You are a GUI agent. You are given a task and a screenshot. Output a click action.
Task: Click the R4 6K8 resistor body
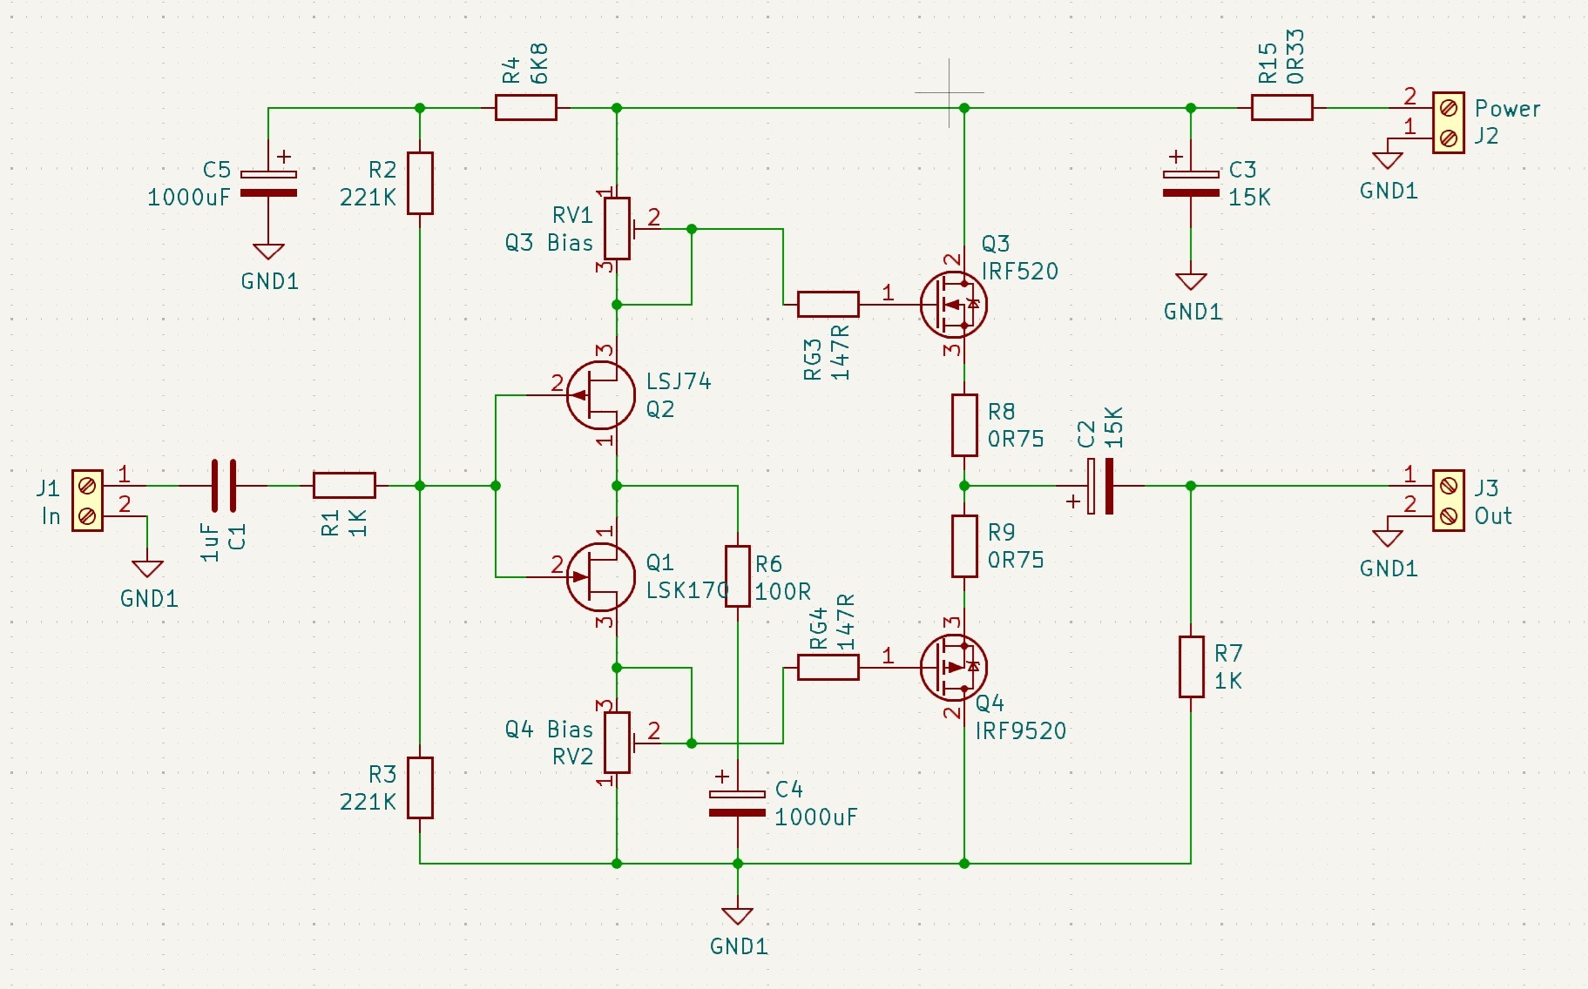pyautogui.click(x=525, y=108)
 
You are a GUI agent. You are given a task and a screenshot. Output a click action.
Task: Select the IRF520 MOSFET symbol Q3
pyautogui.click(x=954, y=305)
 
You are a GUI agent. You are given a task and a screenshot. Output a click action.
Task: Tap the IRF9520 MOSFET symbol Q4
pyautogui.click(x=954, y=668)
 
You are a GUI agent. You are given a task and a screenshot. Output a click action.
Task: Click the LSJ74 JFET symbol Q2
pyautogui.click(x=601, y=395)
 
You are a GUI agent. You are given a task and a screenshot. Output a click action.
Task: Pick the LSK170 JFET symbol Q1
pyautogui.click(x=601, y=576)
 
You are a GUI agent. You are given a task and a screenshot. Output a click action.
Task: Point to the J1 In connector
pyautogui.click(x=87, y=501)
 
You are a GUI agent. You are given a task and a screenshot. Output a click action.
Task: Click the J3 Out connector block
pyautogui.click(x=1449, y=501)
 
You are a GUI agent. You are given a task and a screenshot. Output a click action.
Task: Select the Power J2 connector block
pyautogui.click(x=1449, y=123)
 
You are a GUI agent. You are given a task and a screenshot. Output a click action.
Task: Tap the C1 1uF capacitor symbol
pyautogui.click(x=223, y=486)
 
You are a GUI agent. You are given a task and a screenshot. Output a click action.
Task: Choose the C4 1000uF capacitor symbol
pyautogui.click(x=738, y=804)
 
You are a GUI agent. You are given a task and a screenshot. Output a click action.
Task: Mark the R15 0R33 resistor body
pyautogui.click(x=1282, y=108)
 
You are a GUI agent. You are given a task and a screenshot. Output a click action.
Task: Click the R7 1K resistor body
pyautogui.click(x=1192, y=667)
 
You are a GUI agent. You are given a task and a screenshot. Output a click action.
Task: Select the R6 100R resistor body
pyautogui.click(x=738, y=576)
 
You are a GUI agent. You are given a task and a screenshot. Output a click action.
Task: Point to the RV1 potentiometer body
pyautogui.click(x=618, y=229)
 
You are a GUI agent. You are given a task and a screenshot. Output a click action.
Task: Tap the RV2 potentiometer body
pyautogui.click(x=618, y=743)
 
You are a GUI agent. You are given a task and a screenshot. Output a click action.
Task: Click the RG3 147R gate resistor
pyautogui.click(x=828, y=304)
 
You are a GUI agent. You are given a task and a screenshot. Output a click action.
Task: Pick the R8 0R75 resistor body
pyautogui.click(x=964, y=425)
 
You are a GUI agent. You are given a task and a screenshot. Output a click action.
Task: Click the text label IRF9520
pyautogui.click(x=1021, y=731)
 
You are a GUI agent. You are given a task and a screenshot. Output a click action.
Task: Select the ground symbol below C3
pyautogui.click(x=1191, y=281)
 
